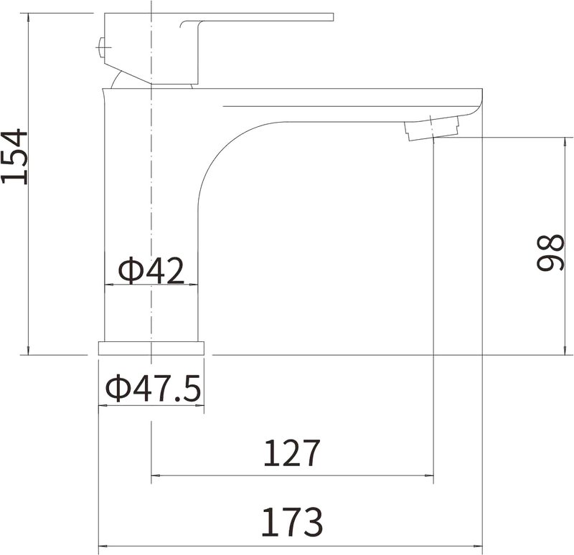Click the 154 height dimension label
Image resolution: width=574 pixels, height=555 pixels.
point(14,156)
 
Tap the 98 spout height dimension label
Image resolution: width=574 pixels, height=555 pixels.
point(550,253)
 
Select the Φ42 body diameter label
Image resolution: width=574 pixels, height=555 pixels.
point(151,271)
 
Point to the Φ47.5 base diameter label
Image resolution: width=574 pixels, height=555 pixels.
point(153,387)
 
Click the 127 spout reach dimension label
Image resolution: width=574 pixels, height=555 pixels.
point(292,453)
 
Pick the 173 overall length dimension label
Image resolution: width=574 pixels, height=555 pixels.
point(292,522)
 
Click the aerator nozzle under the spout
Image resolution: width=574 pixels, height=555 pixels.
point(432,128)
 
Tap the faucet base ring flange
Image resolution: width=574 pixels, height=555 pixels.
point(151,348)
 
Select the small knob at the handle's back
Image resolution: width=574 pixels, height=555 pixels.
point(100,47)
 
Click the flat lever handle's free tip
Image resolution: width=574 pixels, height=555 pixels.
point(333,17)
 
